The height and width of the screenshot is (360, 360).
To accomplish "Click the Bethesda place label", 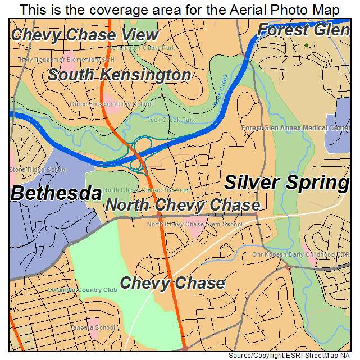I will [56, 194].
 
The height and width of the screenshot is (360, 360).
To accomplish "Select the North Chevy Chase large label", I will [183, 206].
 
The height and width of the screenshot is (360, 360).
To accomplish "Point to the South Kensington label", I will [119, 75].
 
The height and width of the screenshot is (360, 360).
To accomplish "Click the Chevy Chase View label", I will [85, 34].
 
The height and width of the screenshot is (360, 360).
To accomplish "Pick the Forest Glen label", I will [303, 30].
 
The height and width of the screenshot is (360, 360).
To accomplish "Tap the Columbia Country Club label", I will [82, 290].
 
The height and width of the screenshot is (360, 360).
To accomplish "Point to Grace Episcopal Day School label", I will [111, 104].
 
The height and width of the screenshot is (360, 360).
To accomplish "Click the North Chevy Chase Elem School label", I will [194, 224].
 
